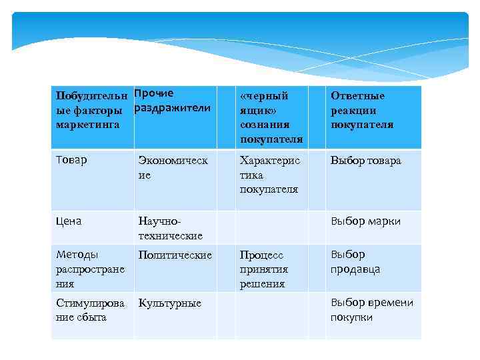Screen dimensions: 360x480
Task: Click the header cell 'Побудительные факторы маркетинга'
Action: coord(92,110)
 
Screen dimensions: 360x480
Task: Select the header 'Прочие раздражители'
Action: coord(173,101)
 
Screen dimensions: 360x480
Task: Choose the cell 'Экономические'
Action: coord(173,167)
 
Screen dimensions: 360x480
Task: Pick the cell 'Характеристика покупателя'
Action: coord(271,175)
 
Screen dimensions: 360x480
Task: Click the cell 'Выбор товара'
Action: coord(366,161)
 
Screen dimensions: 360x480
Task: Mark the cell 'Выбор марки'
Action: coord(366,221)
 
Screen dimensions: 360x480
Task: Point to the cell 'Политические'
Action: coord(175,255)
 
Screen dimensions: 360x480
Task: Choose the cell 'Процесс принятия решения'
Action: coord(264,269)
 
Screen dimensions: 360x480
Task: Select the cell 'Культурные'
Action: coord(169,303)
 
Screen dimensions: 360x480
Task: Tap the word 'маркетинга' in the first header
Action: coord(88,124)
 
